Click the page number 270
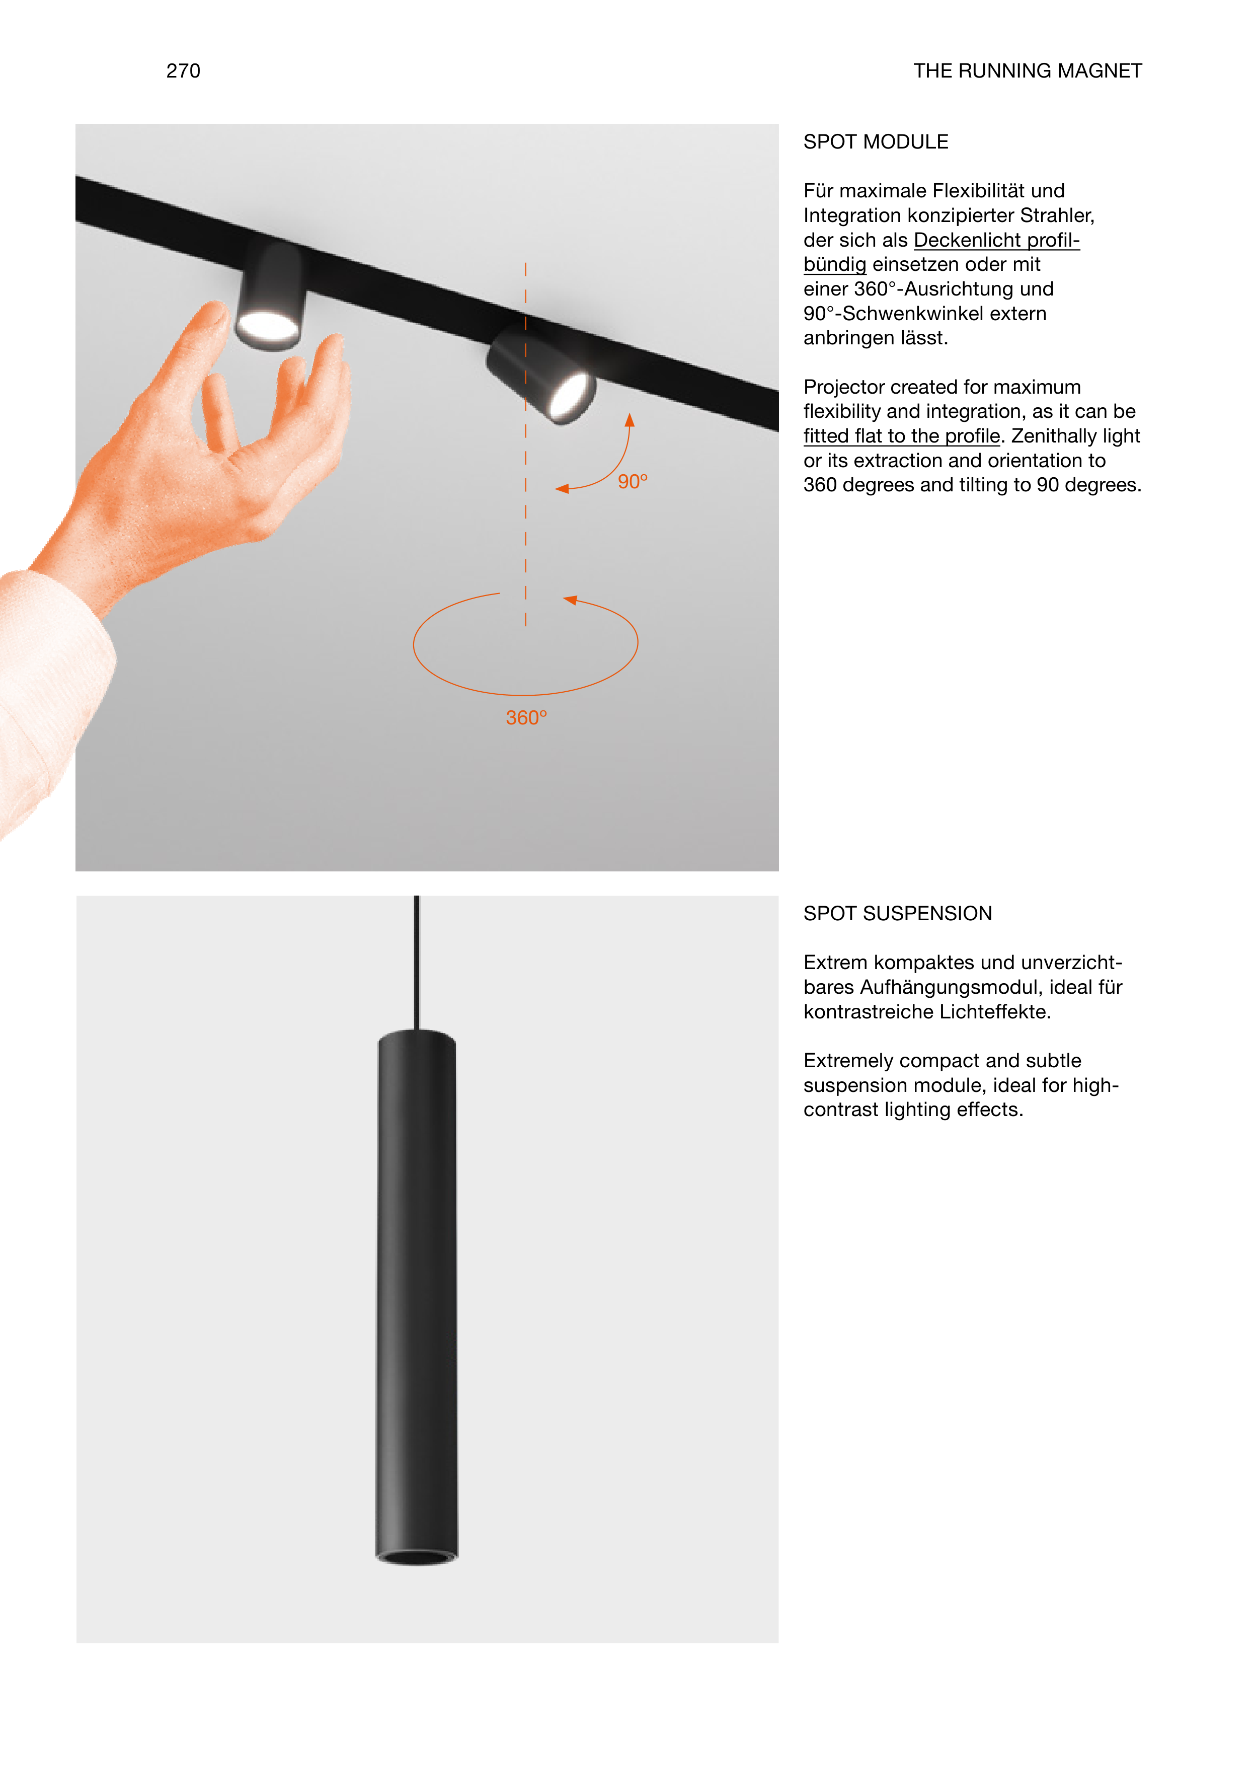point(183,71)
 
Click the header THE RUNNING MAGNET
point(1027,71)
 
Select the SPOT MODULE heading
point(876,141)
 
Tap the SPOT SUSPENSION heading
point(897,913)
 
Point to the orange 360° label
point(526,718)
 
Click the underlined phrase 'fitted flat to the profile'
point(902,436)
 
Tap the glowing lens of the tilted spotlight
point(570,395)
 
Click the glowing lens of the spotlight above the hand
point(268,325)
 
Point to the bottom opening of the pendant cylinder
point(417,1557)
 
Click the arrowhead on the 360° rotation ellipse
point(571,600)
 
